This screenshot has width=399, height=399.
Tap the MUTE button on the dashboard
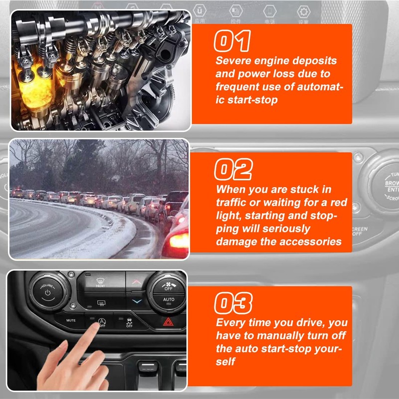tap(71, 320)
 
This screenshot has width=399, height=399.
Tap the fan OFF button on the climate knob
tap(169, 286)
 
